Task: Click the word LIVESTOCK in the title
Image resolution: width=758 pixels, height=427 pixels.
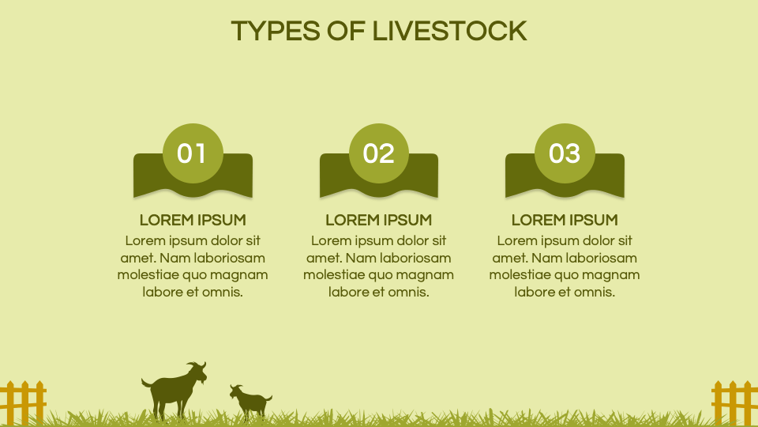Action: [x=449, y=31]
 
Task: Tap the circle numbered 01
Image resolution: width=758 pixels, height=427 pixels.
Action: [x=192, y=153]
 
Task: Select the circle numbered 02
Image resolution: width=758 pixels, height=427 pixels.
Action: [x=378, y=153]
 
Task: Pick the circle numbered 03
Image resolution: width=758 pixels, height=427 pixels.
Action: [x=565, y=153]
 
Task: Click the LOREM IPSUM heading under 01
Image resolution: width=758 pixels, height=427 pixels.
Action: [x=193, y=220]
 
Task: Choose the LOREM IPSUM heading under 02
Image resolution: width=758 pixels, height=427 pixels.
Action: [x=378, y=220]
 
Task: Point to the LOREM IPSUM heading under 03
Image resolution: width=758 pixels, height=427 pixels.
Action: [x=565, y=220]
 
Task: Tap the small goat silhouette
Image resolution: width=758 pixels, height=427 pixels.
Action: [x=251, y=400]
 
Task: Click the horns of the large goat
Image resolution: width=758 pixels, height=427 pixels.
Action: [x=194, y=365]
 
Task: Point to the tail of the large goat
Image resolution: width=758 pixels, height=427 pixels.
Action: [x=145, y=382]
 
